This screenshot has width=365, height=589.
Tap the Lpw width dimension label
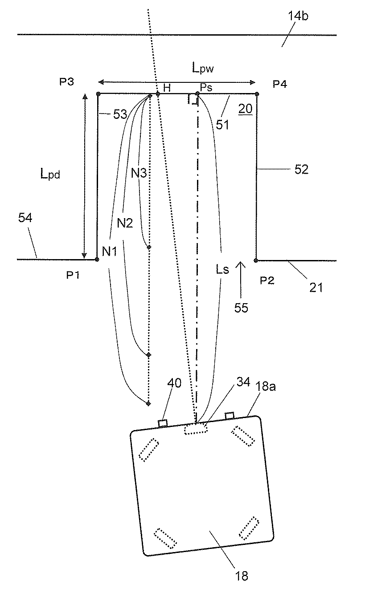[x=201, y=68]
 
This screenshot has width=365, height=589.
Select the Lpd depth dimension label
[x=50, y=175]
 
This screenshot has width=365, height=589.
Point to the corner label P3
[x=66, y=82]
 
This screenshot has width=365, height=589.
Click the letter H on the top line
[x=167, y=88]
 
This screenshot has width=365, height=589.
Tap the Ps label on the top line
[x=205, y=88]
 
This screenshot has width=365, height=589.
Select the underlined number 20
[x=245, y=109]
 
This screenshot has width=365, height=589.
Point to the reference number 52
[x=301, y=170]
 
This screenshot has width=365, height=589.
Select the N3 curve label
[x=139, y=173]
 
